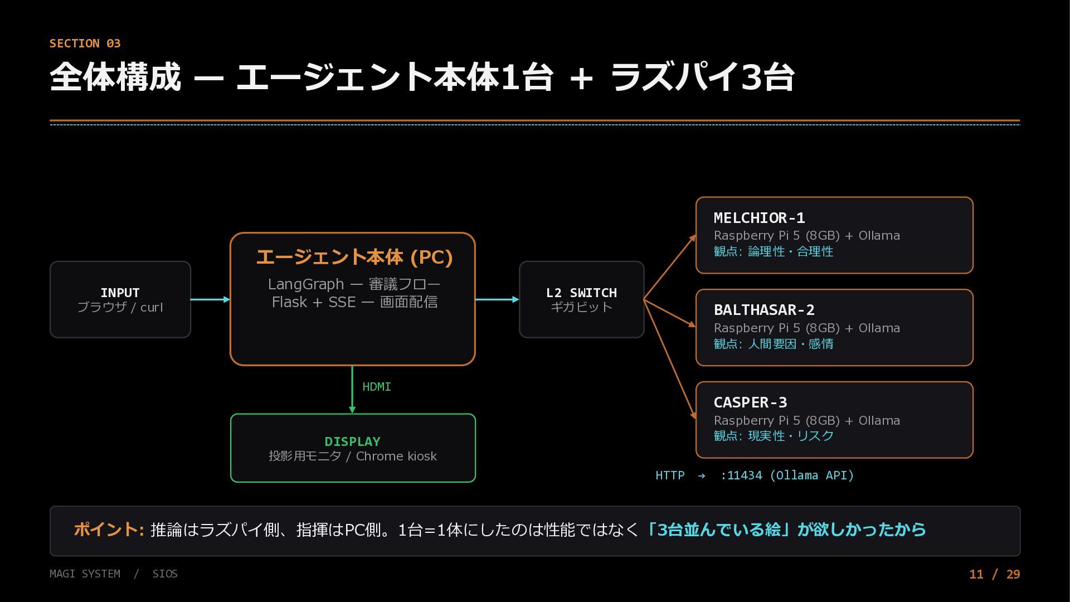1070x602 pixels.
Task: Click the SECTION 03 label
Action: (85, 43)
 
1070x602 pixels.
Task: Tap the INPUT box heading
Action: (120, 293)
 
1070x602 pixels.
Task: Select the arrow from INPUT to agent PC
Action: (210, 299)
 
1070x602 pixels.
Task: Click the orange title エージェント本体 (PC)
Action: (354, 257)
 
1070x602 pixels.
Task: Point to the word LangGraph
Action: (306, 284)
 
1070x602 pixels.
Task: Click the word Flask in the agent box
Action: (289, 302)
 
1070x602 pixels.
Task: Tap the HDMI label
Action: (377, 387)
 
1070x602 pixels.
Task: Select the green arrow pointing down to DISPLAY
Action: (352, 390)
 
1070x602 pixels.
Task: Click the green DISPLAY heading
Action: (352, 441)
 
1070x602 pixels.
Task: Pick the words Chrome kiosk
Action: (396, 456)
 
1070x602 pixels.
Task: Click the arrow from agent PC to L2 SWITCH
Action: (497, 299)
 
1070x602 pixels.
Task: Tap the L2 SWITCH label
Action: (581, 293)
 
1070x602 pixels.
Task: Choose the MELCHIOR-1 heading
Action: (759, 218)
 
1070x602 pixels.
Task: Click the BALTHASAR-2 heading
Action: (764, 310)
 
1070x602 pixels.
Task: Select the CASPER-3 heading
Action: (750, 402)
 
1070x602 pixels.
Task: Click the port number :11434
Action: (741, 475)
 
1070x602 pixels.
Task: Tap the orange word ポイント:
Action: (109, 530)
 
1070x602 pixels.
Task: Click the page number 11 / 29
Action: (995, 574)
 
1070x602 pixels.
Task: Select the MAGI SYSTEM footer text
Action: (85, 574)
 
